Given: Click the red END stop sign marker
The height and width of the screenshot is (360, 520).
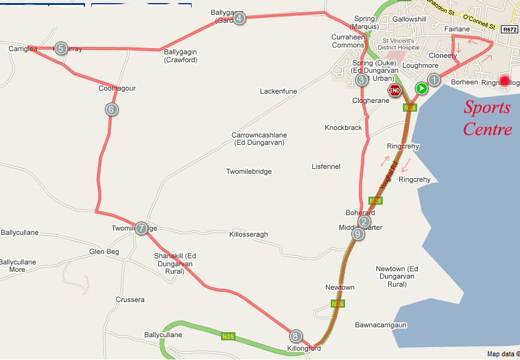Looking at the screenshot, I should pyautogui.click(x=396, y=91).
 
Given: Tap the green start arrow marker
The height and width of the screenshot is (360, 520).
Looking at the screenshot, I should pyautogui.click(x=421, y=89).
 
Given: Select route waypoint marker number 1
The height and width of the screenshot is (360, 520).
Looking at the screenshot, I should pyautogui.click(x=434, y=80).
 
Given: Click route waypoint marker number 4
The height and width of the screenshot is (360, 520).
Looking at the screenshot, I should pyautogui.click(x=239, y=18).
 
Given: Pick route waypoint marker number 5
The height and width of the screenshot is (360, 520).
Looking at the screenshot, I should pyautogui.click(x=60, y=49).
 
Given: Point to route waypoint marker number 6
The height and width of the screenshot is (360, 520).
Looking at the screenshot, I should pyautogui.click(x=112, y=110).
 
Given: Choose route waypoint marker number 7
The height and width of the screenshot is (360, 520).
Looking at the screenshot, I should pyautogui.click(x=141, y=228).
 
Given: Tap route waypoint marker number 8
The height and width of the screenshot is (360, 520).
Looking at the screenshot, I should pyautogui.click(x=296, y=336).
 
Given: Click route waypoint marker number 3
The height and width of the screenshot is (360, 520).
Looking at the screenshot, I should pyautogui.click(x=362, y=80).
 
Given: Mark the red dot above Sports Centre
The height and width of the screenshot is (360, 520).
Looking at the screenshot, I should pyautogui.click(x=505, y=81).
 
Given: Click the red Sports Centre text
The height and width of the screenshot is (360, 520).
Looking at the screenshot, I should pyautogui.click(x=487, y=118).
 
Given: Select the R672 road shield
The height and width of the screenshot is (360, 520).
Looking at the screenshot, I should pyautogui.click(x=509, y=29).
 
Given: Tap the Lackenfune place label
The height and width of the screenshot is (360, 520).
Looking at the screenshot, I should pyautogui.click(x=278, y=91).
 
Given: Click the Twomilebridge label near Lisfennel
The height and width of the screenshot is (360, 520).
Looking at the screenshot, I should pyautogui.click(x=249, y=171).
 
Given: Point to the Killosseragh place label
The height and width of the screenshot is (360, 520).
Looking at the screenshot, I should pyautogui.click(x=248, y=235).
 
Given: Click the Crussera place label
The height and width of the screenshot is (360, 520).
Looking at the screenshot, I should pyautogui.click(x=130, y=300).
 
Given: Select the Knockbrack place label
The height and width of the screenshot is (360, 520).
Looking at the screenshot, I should pyautogui.click(x=343, y=128).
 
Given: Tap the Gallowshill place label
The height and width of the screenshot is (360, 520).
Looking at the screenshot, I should pyautogui.click(x=409, y=19).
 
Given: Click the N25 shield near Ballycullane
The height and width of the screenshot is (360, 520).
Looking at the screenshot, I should pyautogui.click(x=228, y=337).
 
